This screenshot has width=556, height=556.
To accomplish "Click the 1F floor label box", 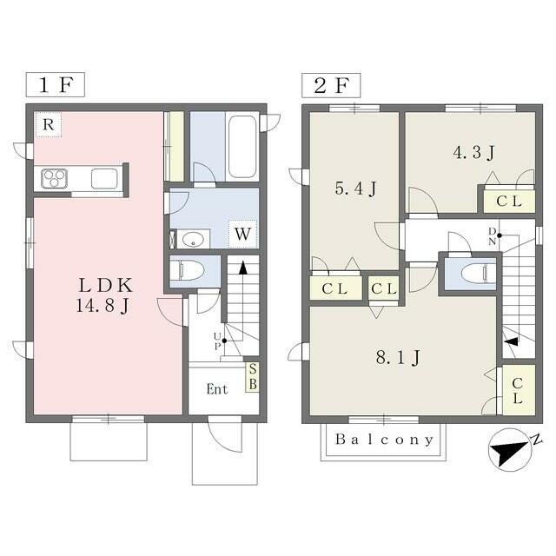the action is (56, 84).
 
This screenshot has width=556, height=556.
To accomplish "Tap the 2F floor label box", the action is (331, 85).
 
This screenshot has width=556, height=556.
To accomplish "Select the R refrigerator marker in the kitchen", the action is (49, 124).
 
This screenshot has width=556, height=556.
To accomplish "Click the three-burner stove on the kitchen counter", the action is (54, 178).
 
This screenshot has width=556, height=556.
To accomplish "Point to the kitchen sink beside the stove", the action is (104, 178).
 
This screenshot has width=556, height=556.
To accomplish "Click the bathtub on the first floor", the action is (242, 147).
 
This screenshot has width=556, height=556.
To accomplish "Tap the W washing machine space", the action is (243, 234).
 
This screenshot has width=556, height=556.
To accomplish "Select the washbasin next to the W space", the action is (193, 239).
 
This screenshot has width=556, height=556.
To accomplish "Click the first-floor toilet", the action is (187, 271).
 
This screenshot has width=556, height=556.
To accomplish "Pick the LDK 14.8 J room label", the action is (104, 295).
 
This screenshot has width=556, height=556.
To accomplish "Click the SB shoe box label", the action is (253, 376).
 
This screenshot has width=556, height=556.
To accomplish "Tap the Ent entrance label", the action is (217, 389).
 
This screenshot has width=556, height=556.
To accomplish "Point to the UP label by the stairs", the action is (217, 341).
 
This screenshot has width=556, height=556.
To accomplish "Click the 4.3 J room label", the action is (473, 153).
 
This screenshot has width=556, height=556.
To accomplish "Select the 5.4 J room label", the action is (355, 189).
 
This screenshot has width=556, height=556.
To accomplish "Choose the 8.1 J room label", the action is (398, 357).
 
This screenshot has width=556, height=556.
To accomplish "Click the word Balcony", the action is (384, 440).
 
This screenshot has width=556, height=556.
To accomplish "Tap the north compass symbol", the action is (511, 450).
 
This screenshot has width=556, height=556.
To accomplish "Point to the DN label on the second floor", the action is (493, 236).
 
